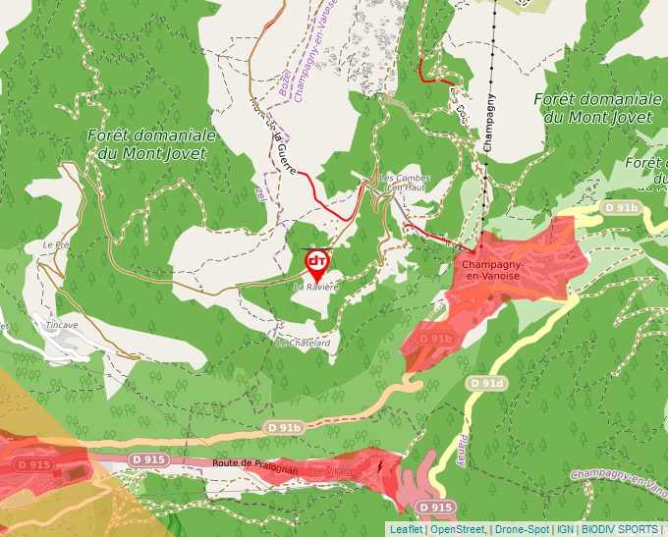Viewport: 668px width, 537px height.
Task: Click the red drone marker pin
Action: pyautogui.click(x=317, y=262)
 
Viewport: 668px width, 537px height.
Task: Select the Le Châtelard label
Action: pyautogui.click(x=303, y=344)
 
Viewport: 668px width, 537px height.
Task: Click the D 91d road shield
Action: pyautogui.click(x=486, y=383)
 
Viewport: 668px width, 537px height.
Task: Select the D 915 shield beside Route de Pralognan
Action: pyautogui.click(x=148, y=459)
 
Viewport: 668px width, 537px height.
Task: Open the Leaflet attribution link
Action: pyautogui.click(x=406, y=529)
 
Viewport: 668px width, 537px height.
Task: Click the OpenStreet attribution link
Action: pyautogui.click(x=457, y=529)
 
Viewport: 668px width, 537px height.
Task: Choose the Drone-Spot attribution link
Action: pyautogui.click(x=522, y=529)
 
